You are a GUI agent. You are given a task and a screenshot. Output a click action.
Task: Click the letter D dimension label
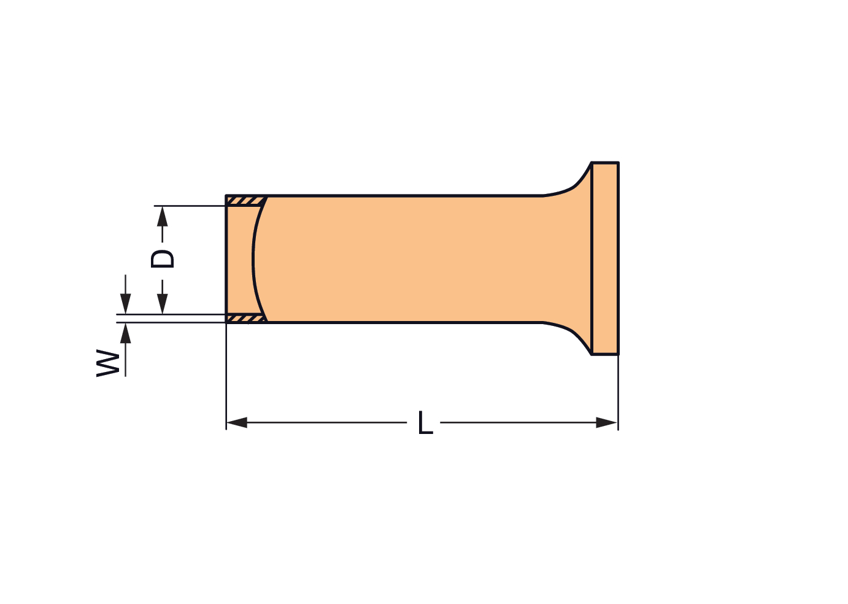tap(162, 259)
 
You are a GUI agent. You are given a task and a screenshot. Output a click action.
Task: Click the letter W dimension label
tap(108, 363)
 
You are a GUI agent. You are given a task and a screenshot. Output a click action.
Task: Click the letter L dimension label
tap(425, 422)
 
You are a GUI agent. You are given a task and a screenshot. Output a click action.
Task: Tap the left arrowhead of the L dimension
tap(237, 422)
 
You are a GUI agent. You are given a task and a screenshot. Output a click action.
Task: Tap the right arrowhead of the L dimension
tap(607, 422)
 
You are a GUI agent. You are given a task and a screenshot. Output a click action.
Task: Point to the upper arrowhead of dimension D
tap(163, 216)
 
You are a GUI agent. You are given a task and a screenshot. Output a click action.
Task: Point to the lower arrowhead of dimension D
tap(163, 304)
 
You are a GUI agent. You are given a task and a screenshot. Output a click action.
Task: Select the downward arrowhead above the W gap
tap(125, 304)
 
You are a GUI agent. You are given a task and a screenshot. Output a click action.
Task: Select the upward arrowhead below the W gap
tap(125, 333)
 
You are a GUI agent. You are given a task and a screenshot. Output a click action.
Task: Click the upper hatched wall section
tap(245, 201)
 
